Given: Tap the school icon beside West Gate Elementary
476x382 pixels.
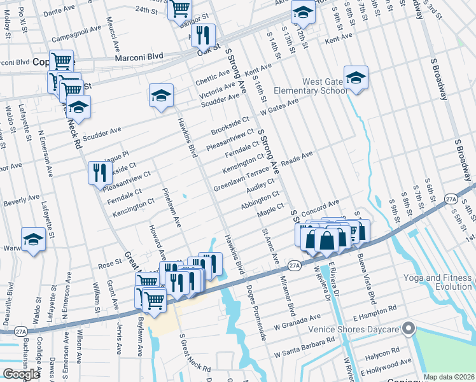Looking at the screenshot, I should click(356, 79).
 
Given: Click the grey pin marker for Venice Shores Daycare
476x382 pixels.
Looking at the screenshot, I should click(408, 329).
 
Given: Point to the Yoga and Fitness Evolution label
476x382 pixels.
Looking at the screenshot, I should click(438, 282).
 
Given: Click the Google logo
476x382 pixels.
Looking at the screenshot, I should click(21, 374).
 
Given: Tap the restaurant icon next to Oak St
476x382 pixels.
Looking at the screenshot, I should click(203, 37).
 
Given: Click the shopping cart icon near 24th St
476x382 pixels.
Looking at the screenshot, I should click(181, 8).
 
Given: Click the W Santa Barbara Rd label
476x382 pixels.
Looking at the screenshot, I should click(305, 348).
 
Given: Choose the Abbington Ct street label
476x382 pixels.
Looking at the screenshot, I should click(260, 201).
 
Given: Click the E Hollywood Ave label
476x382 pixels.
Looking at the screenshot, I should click(386, 367).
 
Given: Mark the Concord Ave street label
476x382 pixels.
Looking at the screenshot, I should click(320, 208).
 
